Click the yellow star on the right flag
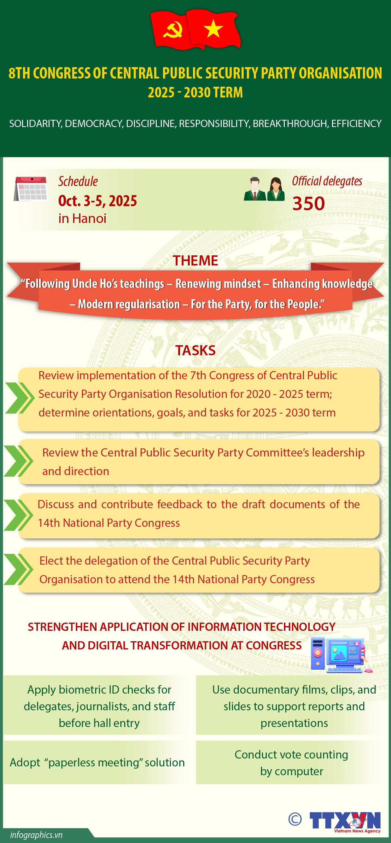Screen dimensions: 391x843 (213, 29)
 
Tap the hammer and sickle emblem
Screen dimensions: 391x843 (172, 30)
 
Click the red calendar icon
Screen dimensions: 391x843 (31, 189)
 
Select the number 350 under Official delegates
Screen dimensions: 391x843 (309, 204)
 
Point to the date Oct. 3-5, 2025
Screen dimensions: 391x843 (97, 201)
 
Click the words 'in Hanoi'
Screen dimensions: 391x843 (82, 218)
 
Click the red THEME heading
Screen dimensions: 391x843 (195, 260)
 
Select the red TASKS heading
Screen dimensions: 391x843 (195, 351)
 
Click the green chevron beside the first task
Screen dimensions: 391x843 (20, 398)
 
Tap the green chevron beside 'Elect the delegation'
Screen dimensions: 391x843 (19, 569)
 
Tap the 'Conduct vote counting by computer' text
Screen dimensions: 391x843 (291, 763)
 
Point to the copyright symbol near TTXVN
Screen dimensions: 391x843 (295, 819)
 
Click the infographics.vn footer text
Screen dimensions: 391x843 (36, 835)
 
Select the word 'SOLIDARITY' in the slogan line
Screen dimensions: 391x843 (35, 124)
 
